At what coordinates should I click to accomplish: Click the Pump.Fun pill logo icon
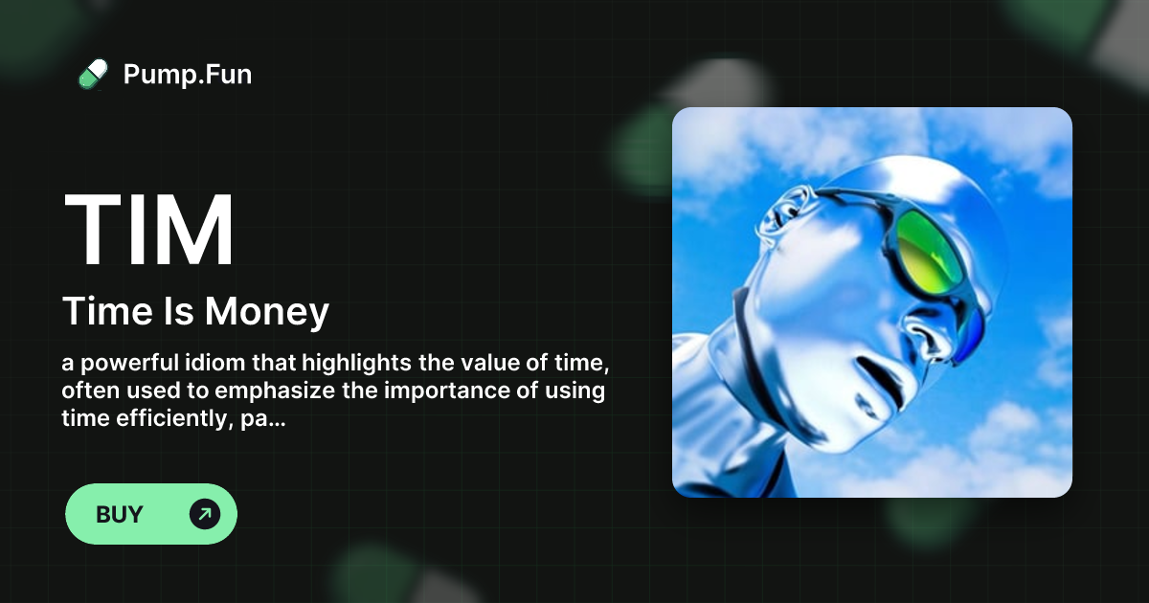93,75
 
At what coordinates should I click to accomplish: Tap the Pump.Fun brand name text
188,75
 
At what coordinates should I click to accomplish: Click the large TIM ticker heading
149,232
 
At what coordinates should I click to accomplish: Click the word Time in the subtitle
99,312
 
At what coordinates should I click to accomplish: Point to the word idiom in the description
206,364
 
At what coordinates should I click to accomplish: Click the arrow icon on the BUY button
205,514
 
